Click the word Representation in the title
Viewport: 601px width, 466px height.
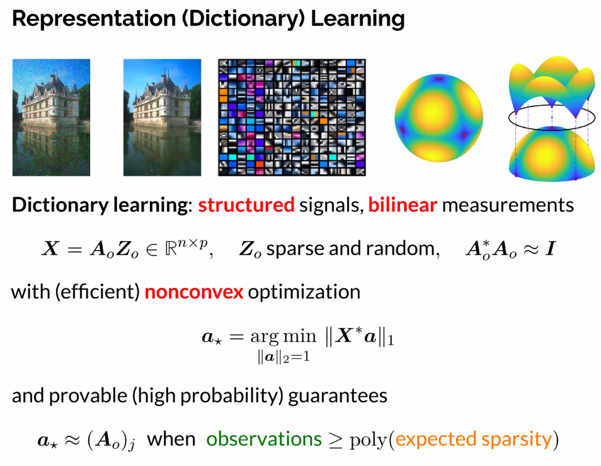pos(94,19)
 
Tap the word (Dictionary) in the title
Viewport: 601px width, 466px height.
pos(243,19)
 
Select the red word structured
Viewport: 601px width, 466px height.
pos(246,205)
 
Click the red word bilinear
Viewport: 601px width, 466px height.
pos(403,205)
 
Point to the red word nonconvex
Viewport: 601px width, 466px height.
pos(194,292)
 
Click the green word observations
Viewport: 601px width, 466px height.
pos(264,439)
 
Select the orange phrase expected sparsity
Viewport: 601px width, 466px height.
pos(474,440)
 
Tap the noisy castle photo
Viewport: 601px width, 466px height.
pos(52,117)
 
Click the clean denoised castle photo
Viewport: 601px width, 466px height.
pos(162,117)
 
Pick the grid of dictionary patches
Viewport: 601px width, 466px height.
pos(292,117)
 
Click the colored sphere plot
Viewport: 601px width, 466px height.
pos(439,118)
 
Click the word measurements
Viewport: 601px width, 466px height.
pos(508,205)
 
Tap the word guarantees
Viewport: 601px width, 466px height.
pos(338,396)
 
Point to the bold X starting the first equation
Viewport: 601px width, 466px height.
pos(50,249)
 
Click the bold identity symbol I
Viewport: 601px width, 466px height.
pos(551,249)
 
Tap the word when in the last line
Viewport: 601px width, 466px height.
pos(171,439)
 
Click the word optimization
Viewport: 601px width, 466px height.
pos(304,292)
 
